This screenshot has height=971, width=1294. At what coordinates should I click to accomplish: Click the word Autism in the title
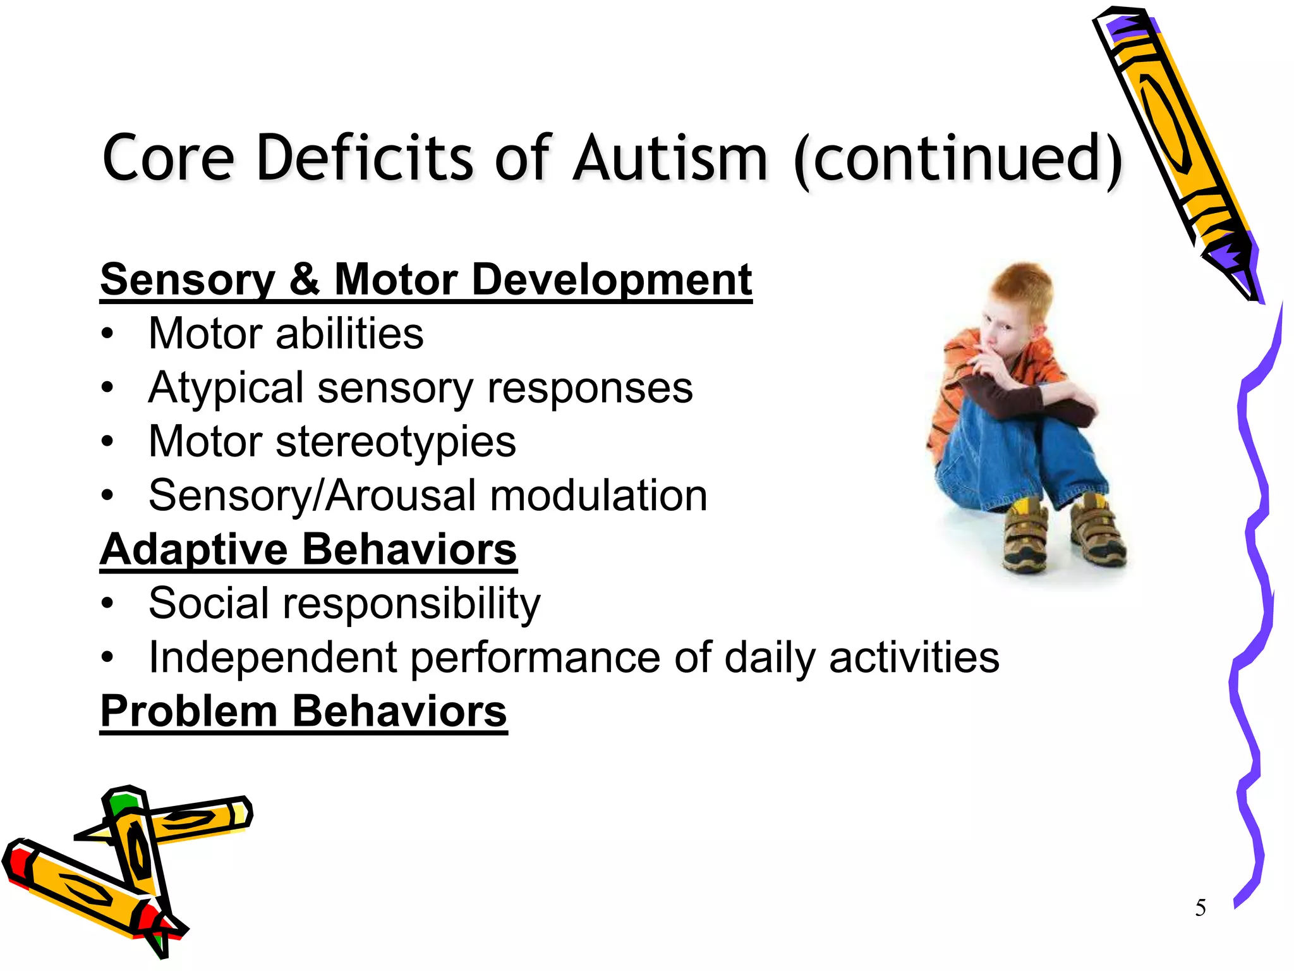tap(670, 158)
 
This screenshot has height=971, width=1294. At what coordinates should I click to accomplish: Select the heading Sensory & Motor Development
tap(426, 279)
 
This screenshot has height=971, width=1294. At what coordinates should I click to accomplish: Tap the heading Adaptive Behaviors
tap(308, 549)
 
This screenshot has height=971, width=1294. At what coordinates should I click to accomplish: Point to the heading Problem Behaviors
tap(303, 711)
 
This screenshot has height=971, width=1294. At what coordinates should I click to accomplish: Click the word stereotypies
tap(396, 442)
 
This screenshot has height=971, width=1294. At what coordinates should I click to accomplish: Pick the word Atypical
tap(226, 388)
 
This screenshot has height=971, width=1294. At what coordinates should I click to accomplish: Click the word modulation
tap(598, 496)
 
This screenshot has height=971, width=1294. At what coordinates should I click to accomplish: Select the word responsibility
tap(411, 604)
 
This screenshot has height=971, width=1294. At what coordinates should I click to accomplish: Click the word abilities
tap(349, 334)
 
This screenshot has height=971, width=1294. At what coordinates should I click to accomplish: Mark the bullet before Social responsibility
tap(108, 604)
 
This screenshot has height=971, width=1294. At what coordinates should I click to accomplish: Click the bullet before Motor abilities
tap(108, 334)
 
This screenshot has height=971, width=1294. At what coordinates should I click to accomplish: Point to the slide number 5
tap(1200, 908)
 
